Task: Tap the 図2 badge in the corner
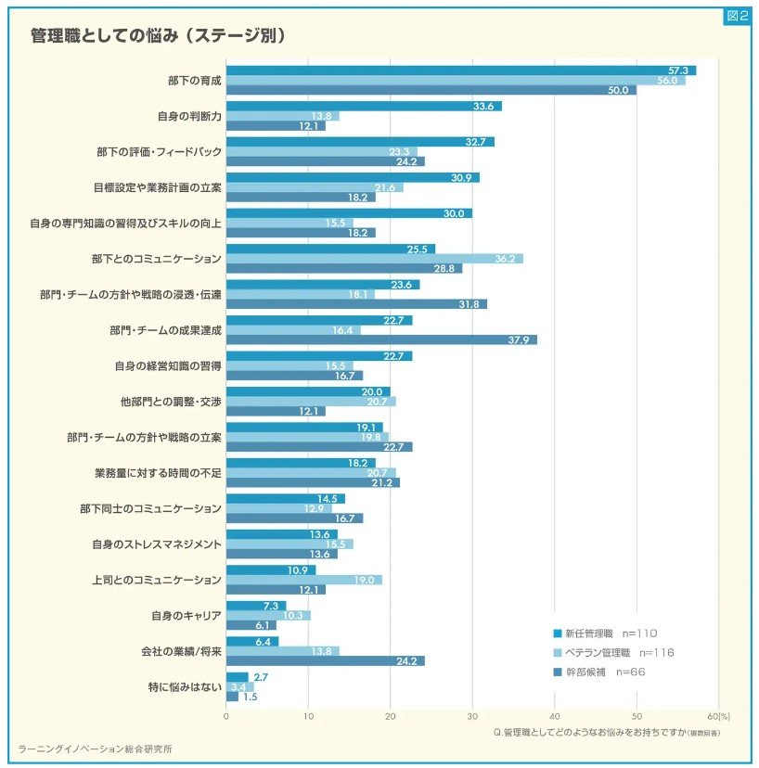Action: click(736, 16)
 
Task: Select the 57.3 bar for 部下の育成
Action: click(460, 70)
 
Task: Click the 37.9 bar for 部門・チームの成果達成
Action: click(381, 339)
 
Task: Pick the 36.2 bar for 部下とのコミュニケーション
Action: click(374, 258)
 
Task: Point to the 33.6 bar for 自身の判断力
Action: click(364, 106)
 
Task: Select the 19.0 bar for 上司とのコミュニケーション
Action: click(303, 580)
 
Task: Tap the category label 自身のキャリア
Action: click(187, 615)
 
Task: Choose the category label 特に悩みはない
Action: click(184, 686)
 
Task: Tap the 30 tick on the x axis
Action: click(472, 716)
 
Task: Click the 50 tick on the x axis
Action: click(637, 716)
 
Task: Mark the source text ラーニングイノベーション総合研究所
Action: click(95, 748)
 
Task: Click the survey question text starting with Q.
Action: click(608, 732)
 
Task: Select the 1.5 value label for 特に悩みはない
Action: click(249, 697)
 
